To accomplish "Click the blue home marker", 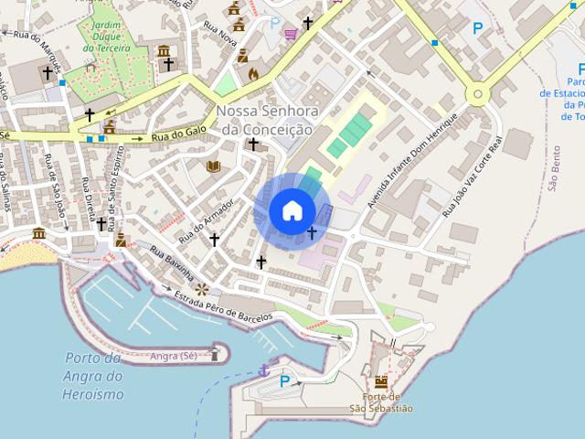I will click(292, 210).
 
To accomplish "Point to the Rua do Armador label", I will click(207, 219).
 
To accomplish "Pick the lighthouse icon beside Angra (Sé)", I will click(216, 352).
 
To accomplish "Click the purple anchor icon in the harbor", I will click(264, 370).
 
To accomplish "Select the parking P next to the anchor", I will click(284, 381).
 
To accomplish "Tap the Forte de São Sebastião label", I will click(381, 402).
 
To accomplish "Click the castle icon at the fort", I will click(381, 381).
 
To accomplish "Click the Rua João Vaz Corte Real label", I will click(472, 178).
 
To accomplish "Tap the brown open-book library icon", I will click(214, 166).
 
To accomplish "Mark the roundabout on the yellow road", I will click(476, 93).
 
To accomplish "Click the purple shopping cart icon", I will click(291, 34).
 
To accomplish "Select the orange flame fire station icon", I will click(253, 72).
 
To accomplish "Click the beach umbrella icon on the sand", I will click(38, 234).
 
